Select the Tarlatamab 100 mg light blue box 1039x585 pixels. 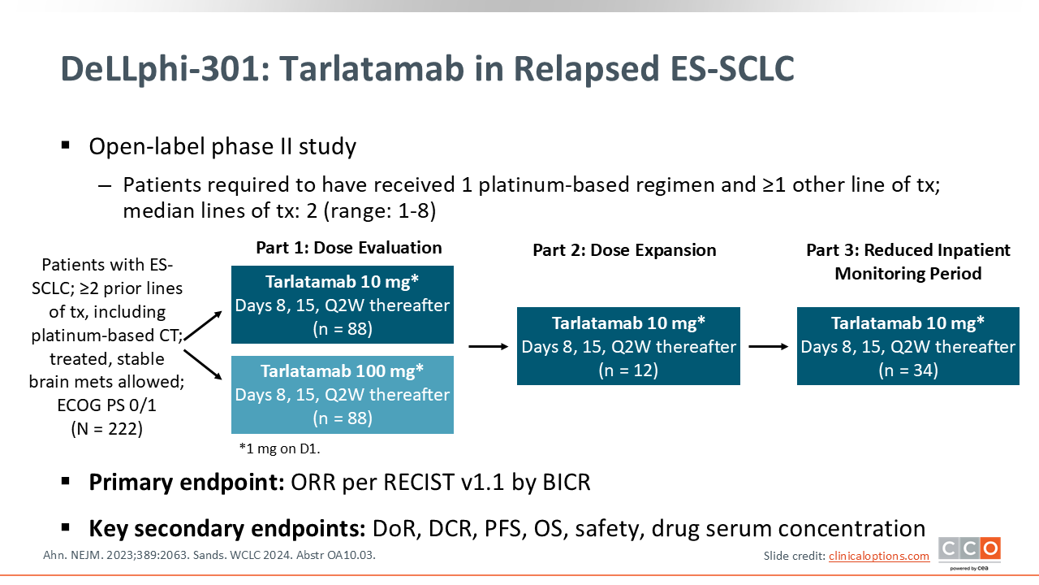(342, 394)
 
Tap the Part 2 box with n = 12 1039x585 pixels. (628, 346)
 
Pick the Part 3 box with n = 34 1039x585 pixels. (908, 346)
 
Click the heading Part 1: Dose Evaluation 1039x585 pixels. (349, 248)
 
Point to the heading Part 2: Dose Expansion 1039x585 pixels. (624, 250)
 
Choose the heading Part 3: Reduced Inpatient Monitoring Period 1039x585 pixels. (908, 262)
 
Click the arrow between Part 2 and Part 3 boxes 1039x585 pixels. (768, 346)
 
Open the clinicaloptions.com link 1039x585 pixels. (878, 556)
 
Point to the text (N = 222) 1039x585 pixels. (106, 429)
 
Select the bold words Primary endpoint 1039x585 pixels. (183, 482)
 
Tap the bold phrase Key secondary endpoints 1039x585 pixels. (227, 528)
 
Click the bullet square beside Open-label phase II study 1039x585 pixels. (66, 145)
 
